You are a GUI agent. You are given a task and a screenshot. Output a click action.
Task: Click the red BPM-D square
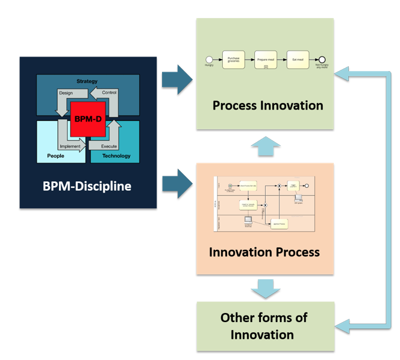click(x=88, y=119)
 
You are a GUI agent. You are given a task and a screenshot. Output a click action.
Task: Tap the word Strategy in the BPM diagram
click(x=87, y=81)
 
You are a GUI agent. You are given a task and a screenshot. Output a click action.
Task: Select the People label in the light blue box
click(x=55, y=156)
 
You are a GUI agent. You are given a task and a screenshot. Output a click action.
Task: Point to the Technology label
click(x=116, y=156)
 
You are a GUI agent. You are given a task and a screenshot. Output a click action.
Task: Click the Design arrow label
click(x=66, y=93)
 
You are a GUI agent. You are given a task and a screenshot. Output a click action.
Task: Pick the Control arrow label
click(x=110, y=93)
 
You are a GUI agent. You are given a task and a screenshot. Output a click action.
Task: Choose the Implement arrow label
click(x=70, y=146)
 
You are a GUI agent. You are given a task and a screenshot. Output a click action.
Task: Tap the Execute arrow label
click(x=109, y=146)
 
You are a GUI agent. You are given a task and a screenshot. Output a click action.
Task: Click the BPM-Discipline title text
click(x=87, y=186)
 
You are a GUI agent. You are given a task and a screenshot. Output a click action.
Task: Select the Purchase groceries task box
click(x=233, y=60)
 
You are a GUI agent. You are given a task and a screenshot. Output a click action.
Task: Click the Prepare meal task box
click(x=266, y=60)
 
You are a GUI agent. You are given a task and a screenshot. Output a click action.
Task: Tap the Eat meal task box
click(x=298, y=60)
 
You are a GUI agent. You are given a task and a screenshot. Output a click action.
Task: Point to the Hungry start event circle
click(x=209, y=60)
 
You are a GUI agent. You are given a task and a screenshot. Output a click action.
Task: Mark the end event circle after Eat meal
click(x=322, y=60)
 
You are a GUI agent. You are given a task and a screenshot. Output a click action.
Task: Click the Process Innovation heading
click(x=267, y=105)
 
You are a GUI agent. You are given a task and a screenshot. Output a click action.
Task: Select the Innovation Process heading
click(x=264, y=252)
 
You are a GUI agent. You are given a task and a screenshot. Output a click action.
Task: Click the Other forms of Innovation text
click(x=265, y=326)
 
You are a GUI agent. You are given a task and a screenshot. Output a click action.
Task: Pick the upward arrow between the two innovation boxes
click(x=265, y=146)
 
